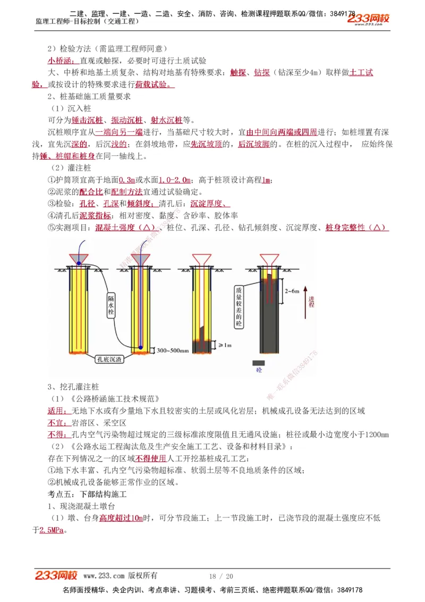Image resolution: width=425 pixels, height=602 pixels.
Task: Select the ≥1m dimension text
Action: click(x=225, y=345)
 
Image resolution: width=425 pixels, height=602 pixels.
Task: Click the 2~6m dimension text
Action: click(x=292, y=291)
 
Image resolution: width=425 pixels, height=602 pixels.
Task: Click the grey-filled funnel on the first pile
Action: click(x=79, y=258)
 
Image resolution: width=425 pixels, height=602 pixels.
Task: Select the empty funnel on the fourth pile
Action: click(x=270, y=258)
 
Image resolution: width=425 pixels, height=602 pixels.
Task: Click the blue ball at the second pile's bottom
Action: click(x=141, y=347)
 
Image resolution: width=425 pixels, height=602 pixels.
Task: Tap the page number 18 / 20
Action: click(x=221, y=576)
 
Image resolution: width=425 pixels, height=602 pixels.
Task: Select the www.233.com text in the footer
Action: click(x=104, y=576)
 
